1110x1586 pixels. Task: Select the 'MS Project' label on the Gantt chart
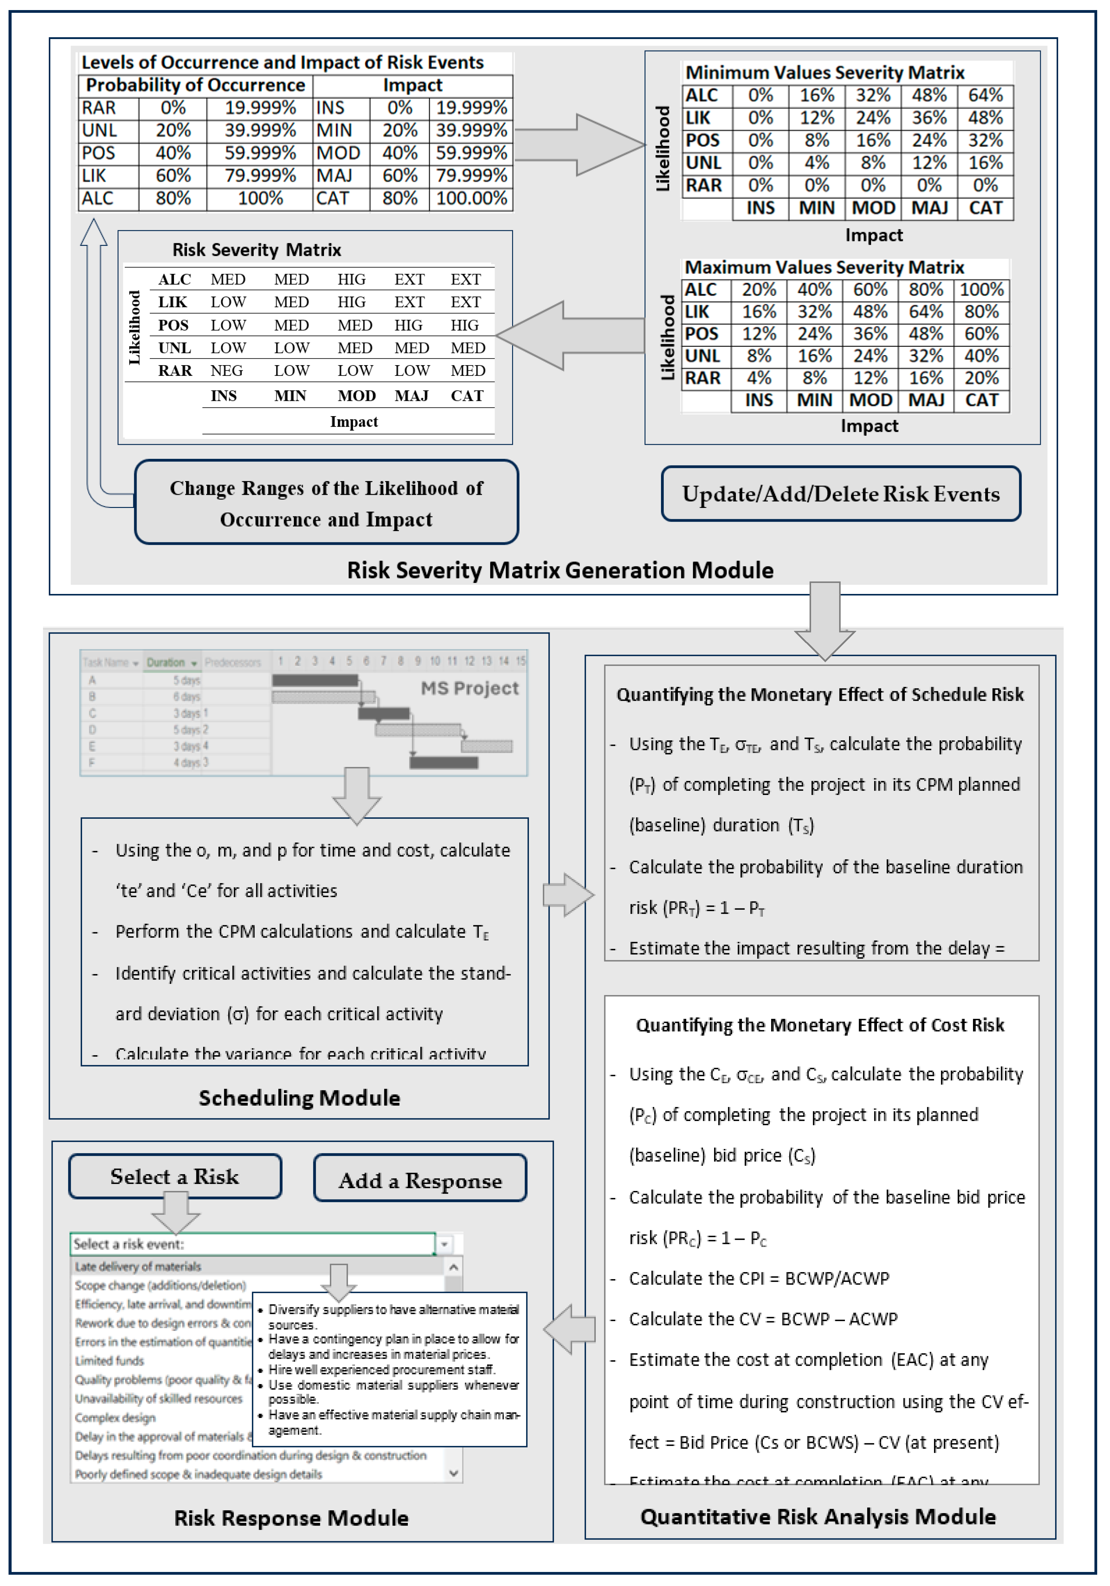[470, 688]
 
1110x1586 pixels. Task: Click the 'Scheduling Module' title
[299, 1098]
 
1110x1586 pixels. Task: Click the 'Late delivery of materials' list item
[138, 1266]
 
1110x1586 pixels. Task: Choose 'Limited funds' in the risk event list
[110, 1360]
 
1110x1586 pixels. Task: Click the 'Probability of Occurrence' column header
[196, 85]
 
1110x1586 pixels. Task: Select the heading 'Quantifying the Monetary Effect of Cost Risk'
[820, 1025]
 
